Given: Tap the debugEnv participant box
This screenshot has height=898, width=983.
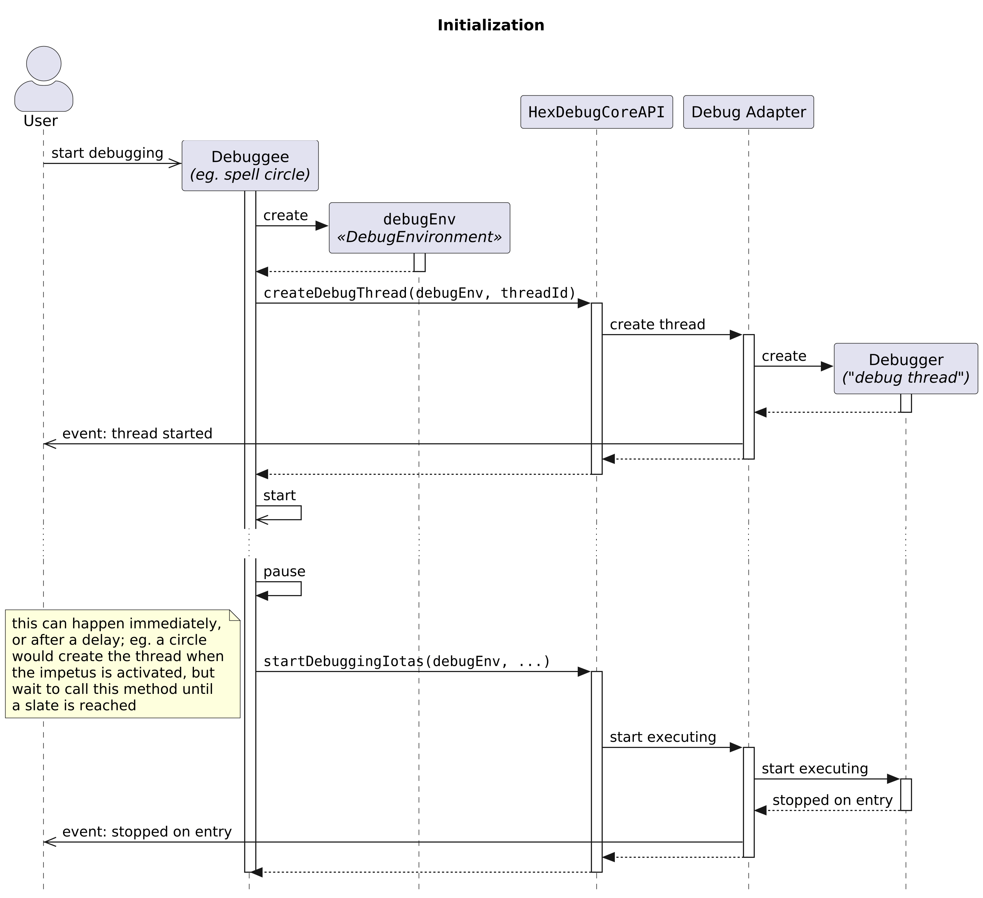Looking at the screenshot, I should click(419, 228).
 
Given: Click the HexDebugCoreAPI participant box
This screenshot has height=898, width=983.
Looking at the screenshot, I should click(596, 112).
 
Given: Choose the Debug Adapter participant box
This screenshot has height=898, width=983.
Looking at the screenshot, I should click(749, 112).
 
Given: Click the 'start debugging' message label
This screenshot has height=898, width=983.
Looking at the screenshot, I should click(107, 153).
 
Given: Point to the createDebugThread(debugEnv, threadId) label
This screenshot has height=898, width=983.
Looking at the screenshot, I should click(419, 293).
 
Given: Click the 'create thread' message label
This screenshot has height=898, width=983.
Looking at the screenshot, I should click(657, 324).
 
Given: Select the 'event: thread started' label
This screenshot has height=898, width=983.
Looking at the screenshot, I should click(137, 434).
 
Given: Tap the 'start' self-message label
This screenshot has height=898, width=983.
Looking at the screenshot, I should click(280, 496).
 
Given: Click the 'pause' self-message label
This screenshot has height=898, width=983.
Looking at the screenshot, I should click(284, 572).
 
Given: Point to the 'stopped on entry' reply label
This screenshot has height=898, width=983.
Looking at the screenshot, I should click(832, 801).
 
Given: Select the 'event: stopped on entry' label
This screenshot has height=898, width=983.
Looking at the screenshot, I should click(147, 832).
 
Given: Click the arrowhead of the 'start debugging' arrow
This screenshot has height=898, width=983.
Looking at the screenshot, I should click(176, 163).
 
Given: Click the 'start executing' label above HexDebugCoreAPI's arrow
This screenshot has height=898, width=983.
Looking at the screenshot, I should click(663, 738).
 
